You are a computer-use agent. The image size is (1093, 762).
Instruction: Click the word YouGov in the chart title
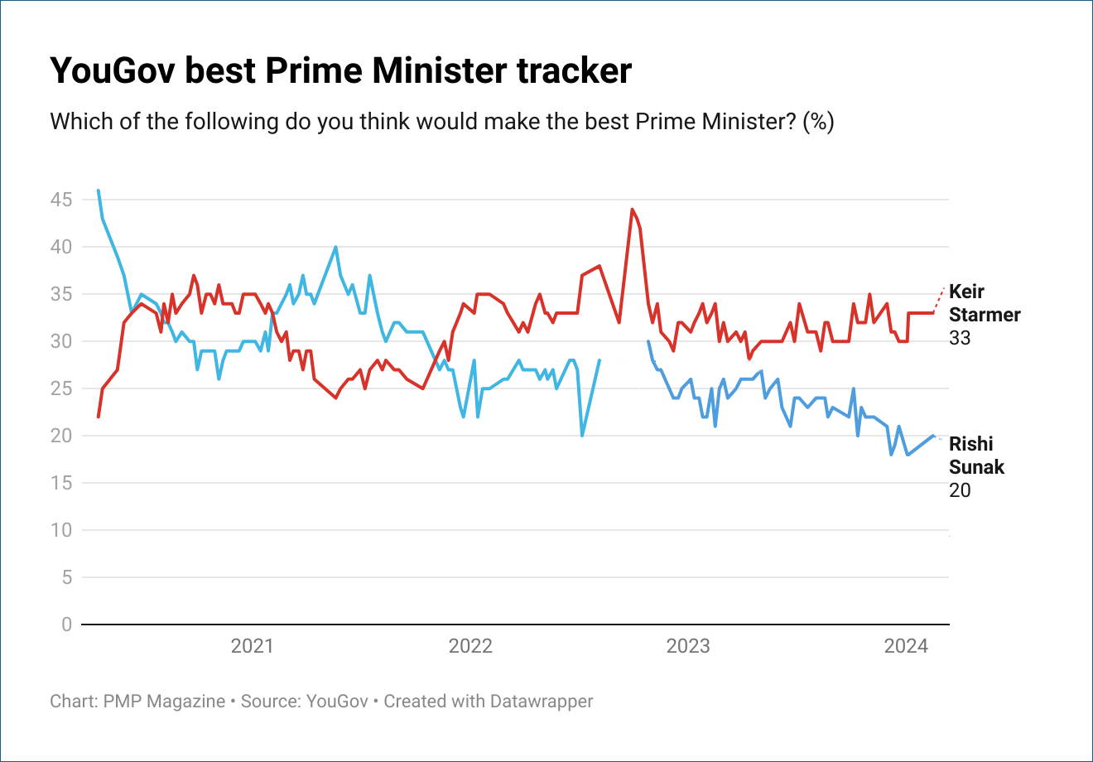click(113, 71)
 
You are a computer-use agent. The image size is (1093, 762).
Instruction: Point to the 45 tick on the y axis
click(61, 200)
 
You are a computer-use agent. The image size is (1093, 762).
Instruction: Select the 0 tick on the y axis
click(67, 625)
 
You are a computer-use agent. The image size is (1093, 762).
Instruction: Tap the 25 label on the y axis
click(61, 388)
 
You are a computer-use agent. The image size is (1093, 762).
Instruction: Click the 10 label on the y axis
click(61, 530)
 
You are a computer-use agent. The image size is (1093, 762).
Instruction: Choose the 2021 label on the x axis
click(252, 646)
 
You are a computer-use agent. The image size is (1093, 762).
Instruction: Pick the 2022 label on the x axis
click(470, 646)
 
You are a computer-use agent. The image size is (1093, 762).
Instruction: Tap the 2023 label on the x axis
click(688, 646)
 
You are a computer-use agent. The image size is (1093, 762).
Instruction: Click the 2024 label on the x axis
click(906, 646)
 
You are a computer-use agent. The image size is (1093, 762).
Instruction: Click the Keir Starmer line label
click(985, 303)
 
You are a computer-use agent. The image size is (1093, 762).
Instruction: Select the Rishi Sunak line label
click(976, 456)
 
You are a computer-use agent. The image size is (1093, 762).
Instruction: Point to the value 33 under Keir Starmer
click(960, 338)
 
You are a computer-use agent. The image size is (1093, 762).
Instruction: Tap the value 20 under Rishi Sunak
click(960, 490)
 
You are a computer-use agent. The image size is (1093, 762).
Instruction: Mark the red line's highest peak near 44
click(632, 210)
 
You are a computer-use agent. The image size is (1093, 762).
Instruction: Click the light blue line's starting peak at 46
click(99, 190)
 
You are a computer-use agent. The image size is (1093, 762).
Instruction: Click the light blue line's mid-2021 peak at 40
click(335, 247)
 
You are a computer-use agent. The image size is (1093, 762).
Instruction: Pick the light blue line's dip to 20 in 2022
click(582, 436)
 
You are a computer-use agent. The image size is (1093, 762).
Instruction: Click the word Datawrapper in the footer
click(542, 702)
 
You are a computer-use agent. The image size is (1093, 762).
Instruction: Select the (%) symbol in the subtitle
click(818, 122)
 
